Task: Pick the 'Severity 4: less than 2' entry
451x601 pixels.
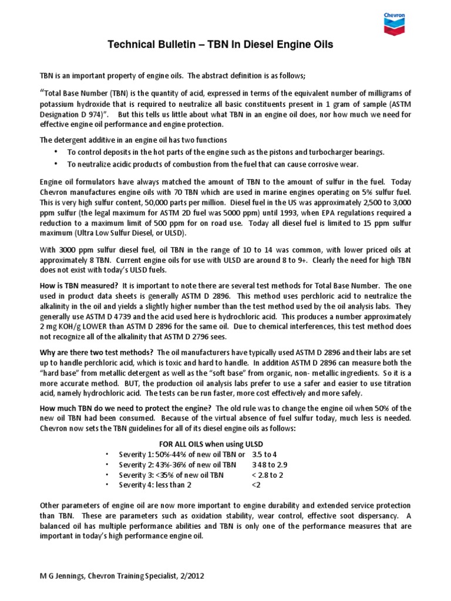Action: pyautogui.click(x=154, y=485)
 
